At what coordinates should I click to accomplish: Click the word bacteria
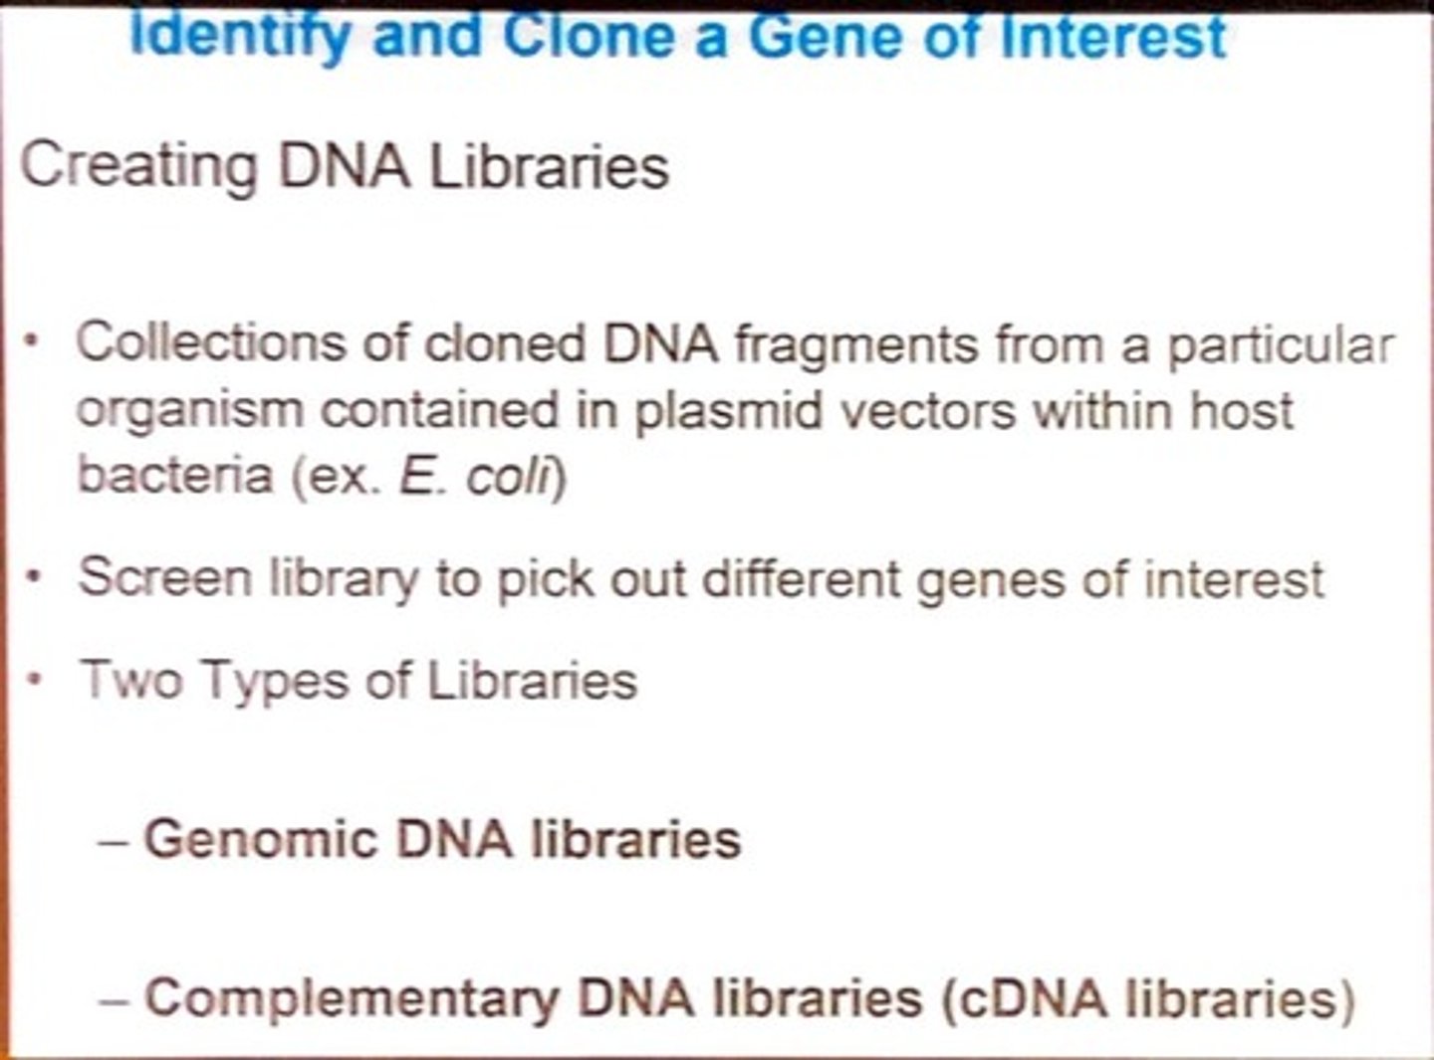click(175, 475)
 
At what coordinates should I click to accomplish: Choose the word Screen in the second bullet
click(165, 577)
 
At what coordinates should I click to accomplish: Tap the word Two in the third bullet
click(130, 681)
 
